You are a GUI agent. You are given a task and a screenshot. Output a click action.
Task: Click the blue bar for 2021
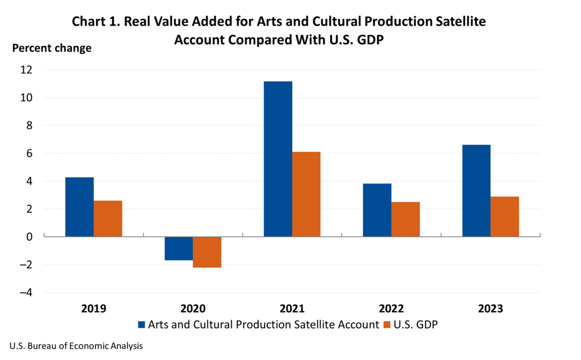pos(278,159)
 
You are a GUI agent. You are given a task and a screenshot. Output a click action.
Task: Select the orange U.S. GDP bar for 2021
pos(306,194)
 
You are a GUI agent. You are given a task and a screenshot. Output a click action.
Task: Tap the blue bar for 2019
pos(79,207)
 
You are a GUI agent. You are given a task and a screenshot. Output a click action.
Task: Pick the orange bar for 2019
pos(108,219)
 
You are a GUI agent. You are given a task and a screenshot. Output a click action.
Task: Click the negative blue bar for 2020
pos(179,248)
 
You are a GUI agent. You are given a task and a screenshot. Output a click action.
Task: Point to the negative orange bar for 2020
pos(207,252)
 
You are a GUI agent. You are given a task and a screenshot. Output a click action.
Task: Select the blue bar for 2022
pos(377,210)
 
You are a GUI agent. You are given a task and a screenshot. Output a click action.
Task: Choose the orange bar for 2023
pos(505,216)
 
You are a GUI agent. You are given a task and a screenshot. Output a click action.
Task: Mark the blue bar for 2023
pos(477,191)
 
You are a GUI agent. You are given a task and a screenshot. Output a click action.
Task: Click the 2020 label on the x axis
pos(193,309)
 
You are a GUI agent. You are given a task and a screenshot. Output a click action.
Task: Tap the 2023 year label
pos(490,309)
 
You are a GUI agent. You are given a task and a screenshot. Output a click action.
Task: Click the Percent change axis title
pos(52,48)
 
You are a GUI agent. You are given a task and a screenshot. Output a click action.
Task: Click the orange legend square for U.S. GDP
pos(388,325)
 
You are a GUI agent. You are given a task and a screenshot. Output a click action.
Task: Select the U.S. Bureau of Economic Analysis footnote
pos(75,345)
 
